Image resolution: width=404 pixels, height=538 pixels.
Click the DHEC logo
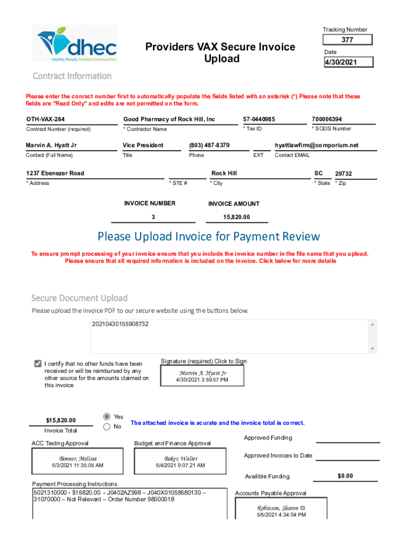point(78,44)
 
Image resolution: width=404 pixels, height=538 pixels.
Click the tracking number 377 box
point(347,40)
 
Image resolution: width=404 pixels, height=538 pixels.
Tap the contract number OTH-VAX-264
point(46,119)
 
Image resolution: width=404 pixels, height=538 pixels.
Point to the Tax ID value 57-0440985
point(259,119)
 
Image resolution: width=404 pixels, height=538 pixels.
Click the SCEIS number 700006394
point(327,119)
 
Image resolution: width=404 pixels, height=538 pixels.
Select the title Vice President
point(143,145)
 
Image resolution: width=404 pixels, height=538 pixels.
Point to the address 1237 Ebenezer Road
point(55,173)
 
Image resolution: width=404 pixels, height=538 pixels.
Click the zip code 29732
point(344,174)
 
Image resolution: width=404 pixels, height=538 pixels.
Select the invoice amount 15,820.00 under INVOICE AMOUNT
point(237,218)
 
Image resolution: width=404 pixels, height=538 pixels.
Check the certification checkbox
point(38,364)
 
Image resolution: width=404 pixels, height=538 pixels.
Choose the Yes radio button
point(107,416)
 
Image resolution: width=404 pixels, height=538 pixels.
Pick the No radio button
point(107,427)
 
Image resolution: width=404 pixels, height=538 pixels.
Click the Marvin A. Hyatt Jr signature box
point(203,376)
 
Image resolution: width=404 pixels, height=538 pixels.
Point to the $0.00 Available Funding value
point(345,476)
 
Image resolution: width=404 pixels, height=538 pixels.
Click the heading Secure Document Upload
point(79,298)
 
